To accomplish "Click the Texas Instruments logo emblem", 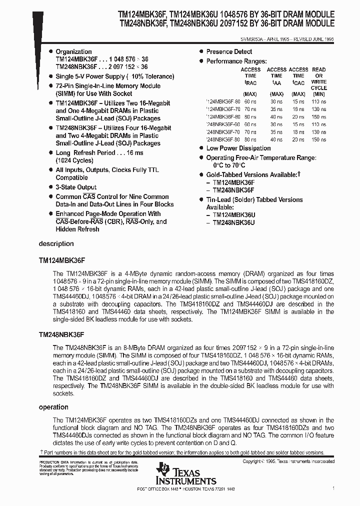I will point(163,469).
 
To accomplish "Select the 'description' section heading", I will point(56,244).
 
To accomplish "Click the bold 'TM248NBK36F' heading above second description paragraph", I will point(61,332).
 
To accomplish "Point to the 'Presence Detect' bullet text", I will point(229,51).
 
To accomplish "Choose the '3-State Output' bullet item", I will point(76,187).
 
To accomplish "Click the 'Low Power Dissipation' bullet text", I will point(238,148).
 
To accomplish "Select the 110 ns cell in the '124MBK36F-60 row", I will point(318,101).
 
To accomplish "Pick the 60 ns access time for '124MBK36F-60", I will point(250,101).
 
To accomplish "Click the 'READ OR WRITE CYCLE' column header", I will point(318,78).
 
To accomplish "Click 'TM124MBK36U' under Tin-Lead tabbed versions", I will point(234,215).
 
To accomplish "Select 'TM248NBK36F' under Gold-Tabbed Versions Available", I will point(233,190).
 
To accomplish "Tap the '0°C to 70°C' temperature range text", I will point(229,165).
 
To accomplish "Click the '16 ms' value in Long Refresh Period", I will point(134,153).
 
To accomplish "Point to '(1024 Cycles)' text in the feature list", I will point(74,160).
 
